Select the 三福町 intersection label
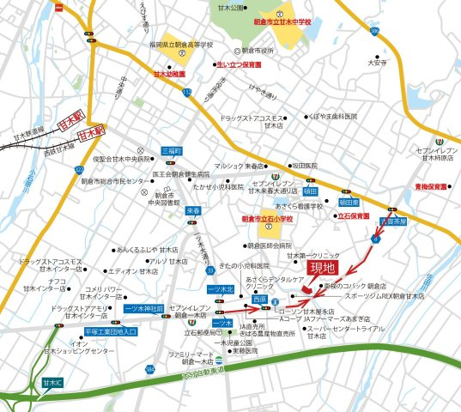coord(172,150)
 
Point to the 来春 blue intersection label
coord(193,209)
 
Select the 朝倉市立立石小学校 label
coord(267,219)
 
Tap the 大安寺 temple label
coord(378,62)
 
